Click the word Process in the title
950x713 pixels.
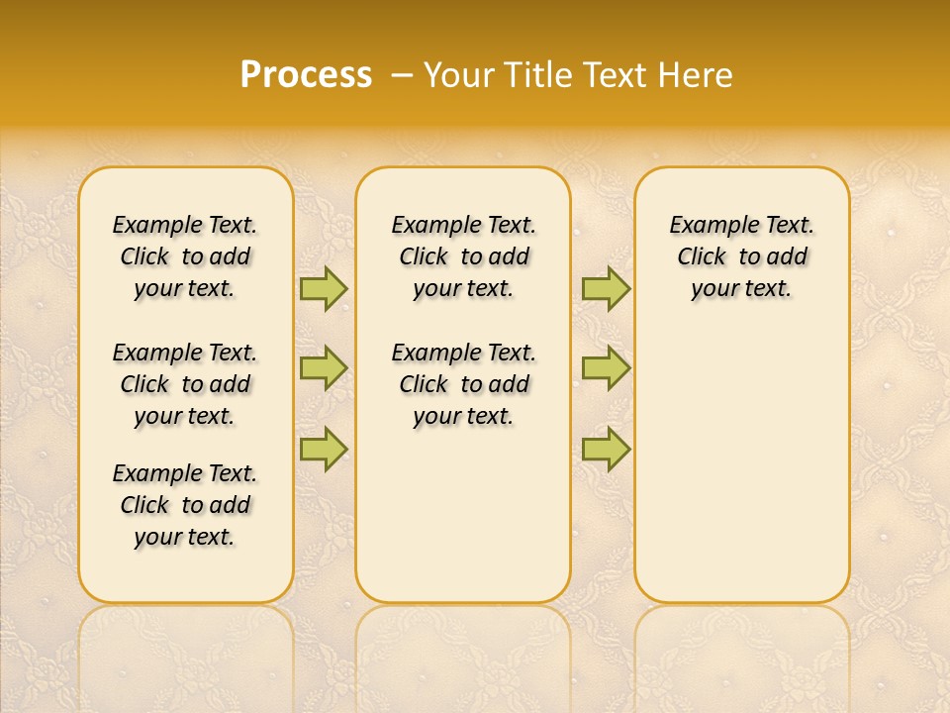pos(306,75)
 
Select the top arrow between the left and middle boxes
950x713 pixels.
pos(324,288)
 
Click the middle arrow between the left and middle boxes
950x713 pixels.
pos(324,368)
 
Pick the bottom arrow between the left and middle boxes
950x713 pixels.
pos(324,449)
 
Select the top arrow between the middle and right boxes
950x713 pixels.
pos(606,288)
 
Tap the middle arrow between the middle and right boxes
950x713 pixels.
pos(606,368)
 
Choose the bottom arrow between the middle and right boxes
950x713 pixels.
pos(606,449)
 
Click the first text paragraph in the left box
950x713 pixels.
pos(185,256)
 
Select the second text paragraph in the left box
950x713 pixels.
pos(185,384)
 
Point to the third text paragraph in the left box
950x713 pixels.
pos(185,505)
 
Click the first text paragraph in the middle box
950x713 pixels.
pos(463,256)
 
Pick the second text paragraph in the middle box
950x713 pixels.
pos(463,384)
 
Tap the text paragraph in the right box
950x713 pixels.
pos(741,256)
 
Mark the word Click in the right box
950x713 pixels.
pos(702,257)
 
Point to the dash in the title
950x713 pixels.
pos(401,75)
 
